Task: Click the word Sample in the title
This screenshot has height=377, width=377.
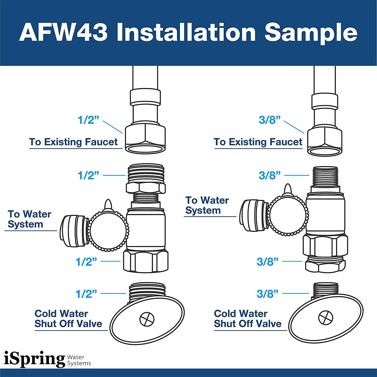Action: coord(311,33)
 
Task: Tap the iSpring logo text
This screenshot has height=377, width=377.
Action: coord(34,359)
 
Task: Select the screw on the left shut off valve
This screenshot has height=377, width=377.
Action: coord(147,319)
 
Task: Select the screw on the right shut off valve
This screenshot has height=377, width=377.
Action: coord(326,317)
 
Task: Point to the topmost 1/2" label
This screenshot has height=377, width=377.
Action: coord(88,120)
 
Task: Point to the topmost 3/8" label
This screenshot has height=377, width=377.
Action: coord(269,120)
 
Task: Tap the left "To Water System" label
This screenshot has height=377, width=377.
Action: coord(29,219)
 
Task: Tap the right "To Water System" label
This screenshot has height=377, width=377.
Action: coord(207,205)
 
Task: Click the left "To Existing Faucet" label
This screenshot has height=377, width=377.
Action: coord(73,142)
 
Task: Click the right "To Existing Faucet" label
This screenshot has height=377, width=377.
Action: coord(258,142)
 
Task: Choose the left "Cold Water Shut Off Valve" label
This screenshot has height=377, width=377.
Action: coord(68,319)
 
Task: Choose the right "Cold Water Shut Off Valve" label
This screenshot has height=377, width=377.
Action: coord(248,319)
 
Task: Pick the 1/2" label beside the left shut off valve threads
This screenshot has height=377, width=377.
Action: coord(86,294)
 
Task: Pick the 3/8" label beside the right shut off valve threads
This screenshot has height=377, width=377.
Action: coord(267,294)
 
